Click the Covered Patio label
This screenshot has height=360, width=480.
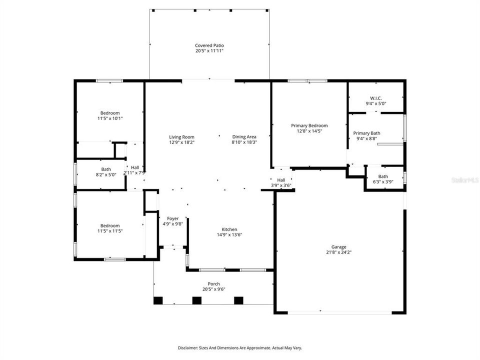pos(209,45)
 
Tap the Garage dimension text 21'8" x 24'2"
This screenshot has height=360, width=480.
pos(338,252)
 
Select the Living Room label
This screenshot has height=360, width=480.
pos(181,137)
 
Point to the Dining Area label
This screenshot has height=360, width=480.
pos(244,137)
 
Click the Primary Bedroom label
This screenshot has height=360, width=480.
pos(309,125)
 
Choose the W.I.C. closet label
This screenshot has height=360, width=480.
pos(376,98)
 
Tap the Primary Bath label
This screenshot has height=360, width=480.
pos(366,133)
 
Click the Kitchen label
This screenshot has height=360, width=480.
pos(229,229)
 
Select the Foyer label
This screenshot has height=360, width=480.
pos(172,218)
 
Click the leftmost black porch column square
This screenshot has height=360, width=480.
pos(158,300)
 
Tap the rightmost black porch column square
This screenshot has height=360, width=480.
pos(238,300)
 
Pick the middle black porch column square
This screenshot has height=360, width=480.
pos(197,300)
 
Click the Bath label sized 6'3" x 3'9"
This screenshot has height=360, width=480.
pos(383,176)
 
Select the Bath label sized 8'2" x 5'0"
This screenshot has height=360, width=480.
pos(106,169)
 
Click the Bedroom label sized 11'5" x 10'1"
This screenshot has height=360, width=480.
pos(109,113)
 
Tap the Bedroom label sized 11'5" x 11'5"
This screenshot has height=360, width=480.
pos(109,225)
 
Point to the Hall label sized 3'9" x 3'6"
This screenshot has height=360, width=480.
pos(281,180)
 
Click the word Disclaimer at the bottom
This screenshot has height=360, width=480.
pos(188,347)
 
